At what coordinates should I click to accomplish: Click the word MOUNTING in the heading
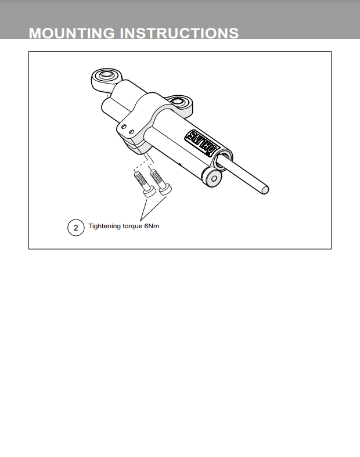[x=72, y=33]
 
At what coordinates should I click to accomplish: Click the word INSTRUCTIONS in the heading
[x=179, y=33]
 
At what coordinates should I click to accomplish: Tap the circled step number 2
[x=76, y=228]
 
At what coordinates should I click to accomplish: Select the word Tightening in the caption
[x=105, y=226]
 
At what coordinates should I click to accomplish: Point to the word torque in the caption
[x=132, y=226]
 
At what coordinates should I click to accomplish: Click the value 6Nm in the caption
[x=152, y=226]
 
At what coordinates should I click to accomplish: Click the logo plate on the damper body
[x=202, y=143]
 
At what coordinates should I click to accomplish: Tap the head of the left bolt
[x=149, y=192]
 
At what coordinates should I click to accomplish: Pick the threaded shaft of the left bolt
[x=141, y=179]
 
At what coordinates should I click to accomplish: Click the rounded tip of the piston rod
[x=265, y=190]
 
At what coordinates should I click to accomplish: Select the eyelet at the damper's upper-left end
[x=106, y=78]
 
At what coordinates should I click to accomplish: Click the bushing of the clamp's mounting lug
[x=178, y=102]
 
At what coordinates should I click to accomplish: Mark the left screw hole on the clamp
[x=124, y=127]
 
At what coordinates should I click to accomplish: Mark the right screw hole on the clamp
[x=131, y=132]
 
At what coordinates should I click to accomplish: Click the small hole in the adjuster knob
[x=214, y=179]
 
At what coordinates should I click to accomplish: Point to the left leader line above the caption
[x=143, y=209]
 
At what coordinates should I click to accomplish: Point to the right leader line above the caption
[x=153, y=208]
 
